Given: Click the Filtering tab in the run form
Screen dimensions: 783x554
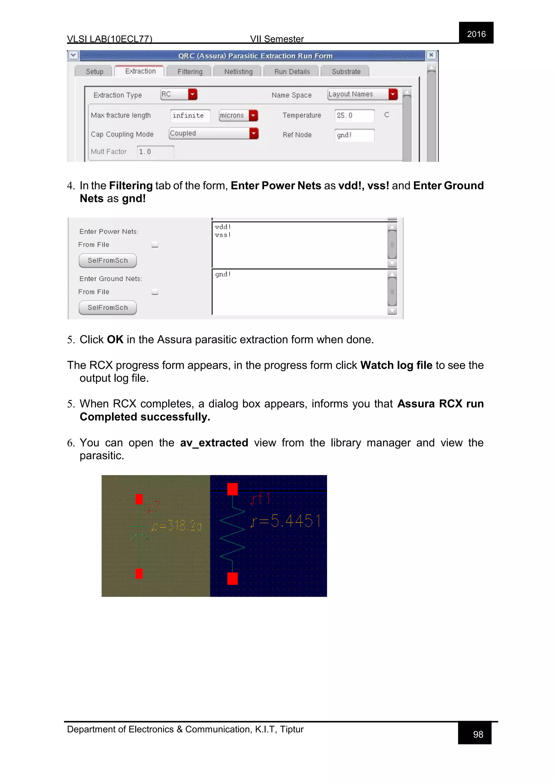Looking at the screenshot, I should point(190,72).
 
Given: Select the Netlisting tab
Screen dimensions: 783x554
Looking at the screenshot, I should point(238,72).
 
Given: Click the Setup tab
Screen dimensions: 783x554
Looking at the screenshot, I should point(94,72).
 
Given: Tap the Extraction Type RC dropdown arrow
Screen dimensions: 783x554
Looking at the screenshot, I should point(193,94).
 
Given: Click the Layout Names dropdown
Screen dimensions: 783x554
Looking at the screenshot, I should point(362,94).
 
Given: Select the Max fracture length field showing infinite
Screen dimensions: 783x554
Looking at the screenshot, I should point(190,116).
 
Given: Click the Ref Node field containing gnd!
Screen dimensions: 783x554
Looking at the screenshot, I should point(354,135).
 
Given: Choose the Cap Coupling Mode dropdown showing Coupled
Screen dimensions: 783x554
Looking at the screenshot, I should point(213,133).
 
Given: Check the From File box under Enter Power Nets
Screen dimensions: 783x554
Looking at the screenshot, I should point(155,244).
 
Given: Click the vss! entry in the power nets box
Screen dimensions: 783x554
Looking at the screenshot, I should point(223,235).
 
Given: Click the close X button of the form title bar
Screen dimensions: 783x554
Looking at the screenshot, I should point(431,55).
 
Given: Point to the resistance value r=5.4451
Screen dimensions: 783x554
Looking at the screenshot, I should point(286,521).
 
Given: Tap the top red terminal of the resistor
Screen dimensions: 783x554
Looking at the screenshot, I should point(232,489).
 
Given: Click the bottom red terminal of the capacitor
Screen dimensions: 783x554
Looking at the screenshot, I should point(139,574).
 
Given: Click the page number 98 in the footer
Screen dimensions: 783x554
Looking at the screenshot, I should point(478,734).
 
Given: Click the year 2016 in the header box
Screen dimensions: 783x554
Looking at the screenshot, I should point(476,34).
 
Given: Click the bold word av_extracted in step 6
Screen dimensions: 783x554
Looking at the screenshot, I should point(214,443).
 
